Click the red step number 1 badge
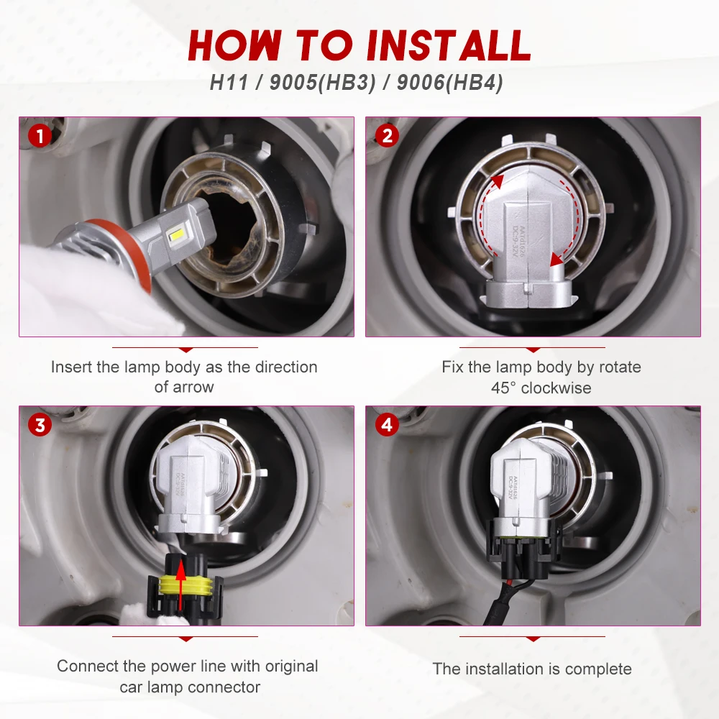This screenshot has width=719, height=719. point(40,136)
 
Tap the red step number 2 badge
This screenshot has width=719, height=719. point(387,136)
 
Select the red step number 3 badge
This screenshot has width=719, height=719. point(40,425)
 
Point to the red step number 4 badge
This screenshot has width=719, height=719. point(387,425)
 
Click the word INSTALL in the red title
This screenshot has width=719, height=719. point(449,45)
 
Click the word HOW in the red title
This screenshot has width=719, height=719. point(235,45)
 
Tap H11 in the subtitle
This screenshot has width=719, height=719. point(229,83)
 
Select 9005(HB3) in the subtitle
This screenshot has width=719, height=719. point(322,83)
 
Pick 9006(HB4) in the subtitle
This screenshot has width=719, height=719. point(450,83)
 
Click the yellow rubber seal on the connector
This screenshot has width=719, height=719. point(186,585)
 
